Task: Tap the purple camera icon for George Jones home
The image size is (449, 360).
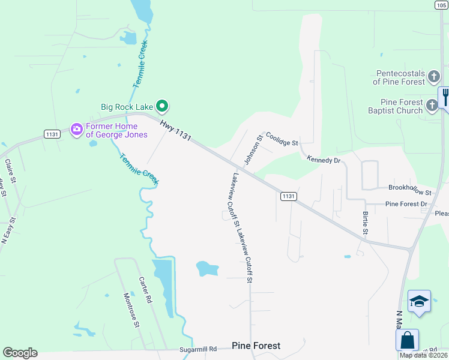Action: pos(76,129)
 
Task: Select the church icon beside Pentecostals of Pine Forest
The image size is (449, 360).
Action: pos(433,77)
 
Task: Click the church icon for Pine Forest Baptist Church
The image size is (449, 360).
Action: pos(432,106)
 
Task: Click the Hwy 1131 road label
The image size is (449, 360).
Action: pos(175,129)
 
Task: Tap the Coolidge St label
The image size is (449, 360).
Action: pos(282,139)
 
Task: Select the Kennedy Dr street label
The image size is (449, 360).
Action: pos(324,160)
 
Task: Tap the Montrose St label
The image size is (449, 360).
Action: pos(131,310)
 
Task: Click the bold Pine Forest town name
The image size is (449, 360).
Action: pos(256,346)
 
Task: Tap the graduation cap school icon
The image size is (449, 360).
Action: pos(419,302)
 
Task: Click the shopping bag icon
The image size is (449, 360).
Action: pos(408,340)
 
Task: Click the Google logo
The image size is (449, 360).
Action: pos(20,353)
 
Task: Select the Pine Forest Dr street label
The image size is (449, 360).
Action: pos(406,204)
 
